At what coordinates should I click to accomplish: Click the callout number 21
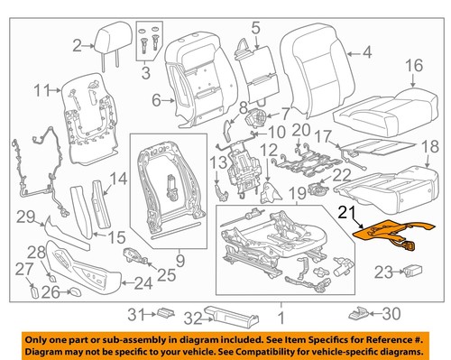(x=346, y=214)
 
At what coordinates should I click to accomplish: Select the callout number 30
(x=389, y=314)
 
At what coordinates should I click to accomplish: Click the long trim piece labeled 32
(x=225, y=314)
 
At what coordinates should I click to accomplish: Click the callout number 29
(x=27, y=216)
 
